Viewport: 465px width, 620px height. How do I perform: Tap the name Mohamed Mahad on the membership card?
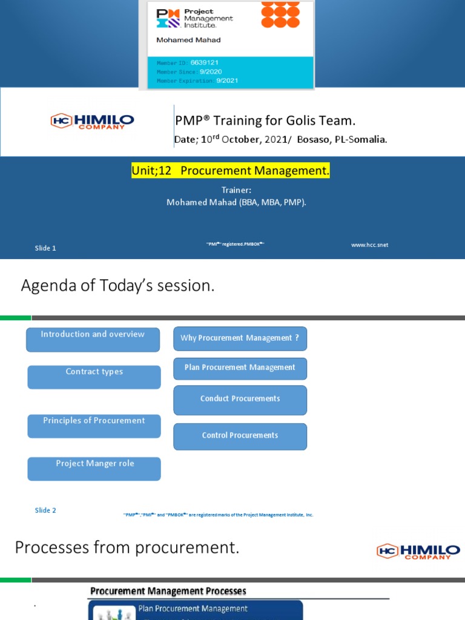pos(188,40)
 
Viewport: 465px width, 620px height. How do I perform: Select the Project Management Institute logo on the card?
pos(194,18)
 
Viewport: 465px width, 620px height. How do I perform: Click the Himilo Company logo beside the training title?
pos(92,121)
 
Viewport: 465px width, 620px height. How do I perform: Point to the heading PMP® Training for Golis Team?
pos(269,120)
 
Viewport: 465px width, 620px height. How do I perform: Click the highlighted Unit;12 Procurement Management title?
pos(231,171)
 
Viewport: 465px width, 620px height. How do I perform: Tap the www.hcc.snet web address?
pos(369,245)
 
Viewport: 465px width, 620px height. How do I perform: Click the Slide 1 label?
pos(45,248)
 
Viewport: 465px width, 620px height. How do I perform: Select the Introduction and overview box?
pos(93,340)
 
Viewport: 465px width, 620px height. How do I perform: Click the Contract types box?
pos(94,377)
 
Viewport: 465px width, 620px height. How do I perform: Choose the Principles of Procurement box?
pos(94,426)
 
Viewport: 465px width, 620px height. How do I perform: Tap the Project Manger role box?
pos(94,469)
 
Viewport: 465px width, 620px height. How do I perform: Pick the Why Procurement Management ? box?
pos(240,338)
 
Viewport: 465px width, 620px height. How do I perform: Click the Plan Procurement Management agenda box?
pos(240,368)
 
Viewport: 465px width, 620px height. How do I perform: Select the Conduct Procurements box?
pos(240,400)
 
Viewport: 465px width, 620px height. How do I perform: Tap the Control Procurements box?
pos(240,437)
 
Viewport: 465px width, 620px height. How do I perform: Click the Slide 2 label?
pos(45,510)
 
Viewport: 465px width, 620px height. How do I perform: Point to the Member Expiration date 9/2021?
pos(229,81)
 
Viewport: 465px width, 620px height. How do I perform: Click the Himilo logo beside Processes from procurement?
pos(418,551)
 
